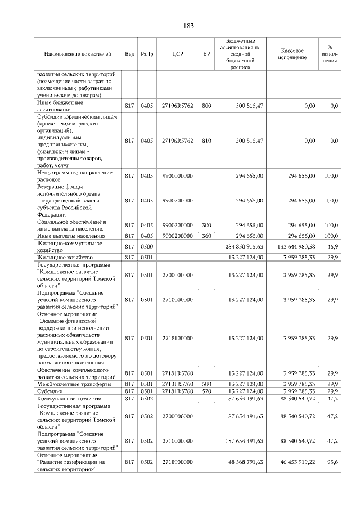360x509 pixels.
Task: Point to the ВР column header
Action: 206,53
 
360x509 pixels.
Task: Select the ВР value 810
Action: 206,141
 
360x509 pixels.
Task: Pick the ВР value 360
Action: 206,236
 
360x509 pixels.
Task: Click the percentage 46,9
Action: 332,246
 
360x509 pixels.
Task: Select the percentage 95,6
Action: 332,462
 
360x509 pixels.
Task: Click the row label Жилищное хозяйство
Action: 65,257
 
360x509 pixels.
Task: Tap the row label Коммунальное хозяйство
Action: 68,398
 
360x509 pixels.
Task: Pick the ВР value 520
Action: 206,391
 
